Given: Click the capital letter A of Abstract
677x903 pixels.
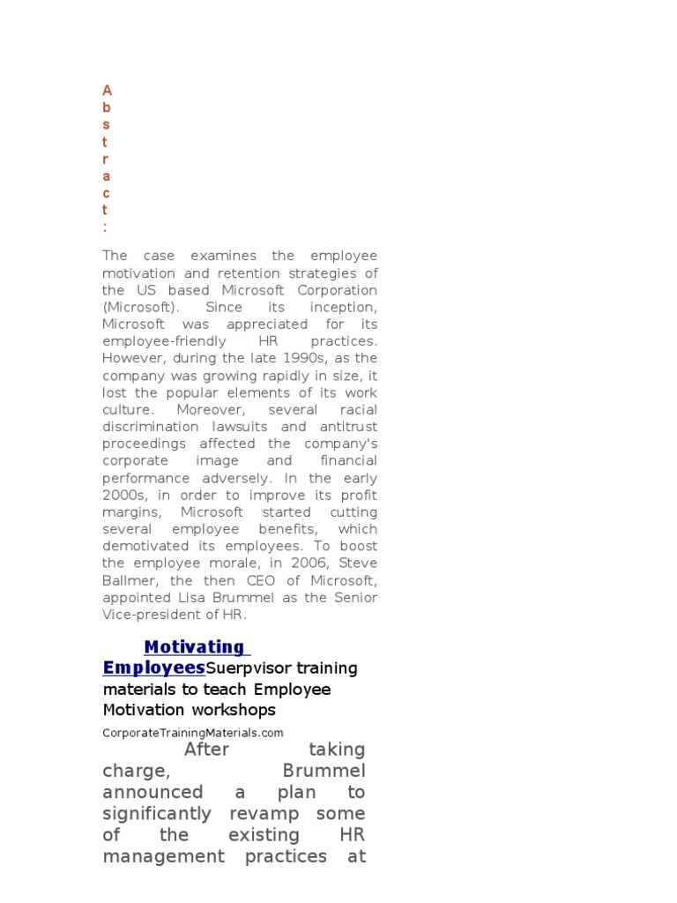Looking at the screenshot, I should pyautogui.click(x=108, y=91).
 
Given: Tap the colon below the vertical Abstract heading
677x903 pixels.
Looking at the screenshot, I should pyautogui.click(x=106, y=228).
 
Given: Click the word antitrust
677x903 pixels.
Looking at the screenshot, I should pyautogui.click(x=345, y=427).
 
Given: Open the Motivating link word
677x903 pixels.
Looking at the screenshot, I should pyautogui.click(x=194, y=648).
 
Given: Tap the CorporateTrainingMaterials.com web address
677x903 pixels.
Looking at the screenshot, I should pyautogui.click(x=193, y=733).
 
